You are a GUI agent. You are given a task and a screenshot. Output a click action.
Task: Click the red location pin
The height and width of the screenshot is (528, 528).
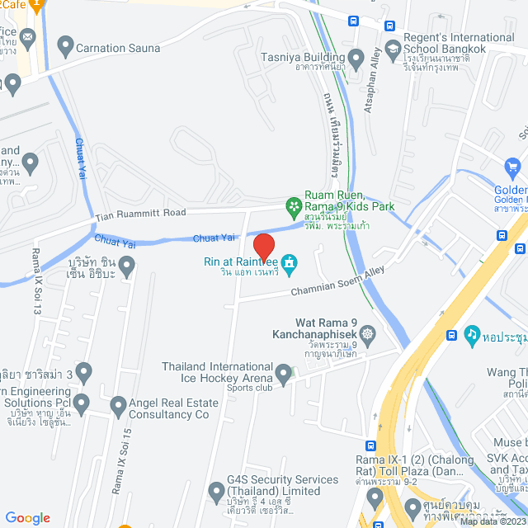pos(263,246)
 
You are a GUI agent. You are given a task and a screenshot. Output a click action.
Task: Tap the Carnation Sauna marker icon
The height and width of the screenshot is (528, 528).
pos(64,47)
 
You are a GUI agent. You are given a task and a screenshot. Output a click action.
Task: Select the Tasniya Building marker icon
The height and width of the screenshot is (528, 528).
pos(356,59)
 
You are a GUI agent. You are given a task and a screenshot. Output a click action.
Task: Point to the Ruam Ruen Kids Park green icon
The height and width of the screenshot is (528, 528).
pos(292,204)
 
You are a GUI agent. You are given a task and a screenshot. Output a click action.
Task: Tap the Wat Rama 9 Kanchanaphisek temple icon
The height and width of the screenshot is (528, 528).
pos(367,334)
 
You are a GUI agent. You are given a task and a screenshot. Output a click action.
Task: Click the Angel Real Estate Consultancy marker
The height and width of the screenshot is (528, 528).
pos(116,405)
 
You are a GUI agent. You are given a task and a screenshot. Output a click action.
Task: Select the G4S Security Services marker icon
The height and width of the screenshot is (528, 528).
pos(216,493)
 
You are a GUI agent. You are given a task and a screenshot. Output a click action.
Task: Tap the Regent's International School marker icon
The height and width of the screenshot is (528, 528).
pos(389,47)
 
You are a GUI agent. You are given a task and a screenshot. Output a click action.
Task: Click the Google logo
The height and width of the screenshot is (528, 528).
pos(28,517)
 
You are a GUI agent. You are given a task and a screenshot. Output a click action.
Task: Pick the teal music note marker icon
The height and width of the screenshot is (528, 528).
pos(471,335)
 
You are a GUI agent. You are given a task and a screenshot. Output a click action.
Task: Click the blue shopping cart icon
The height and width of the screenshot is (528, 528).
pos(513,168)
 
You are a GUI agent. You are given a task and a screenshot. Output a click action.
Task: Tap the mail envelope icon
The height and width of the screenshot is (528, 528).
pos(27,37)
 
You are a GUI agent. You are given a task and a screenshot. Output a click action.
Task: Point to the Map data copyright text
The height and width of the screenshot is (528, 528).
pos(492,521)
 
